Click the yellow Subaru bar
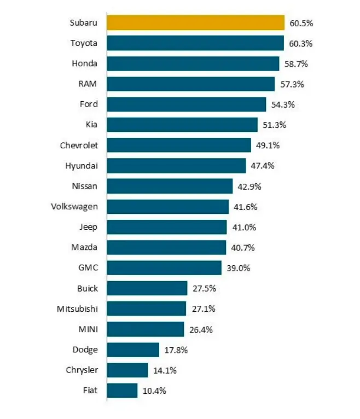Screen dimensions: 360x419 [x=196, y=23]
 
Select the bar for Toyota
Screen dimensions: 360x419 [x=195, y=43]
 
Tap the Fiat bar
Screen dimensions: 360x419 [x=122, y=391]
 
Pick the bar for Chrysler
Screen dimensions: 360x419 [x=127, y=370]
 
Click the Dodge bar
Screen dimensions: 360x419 [x=133, y=350]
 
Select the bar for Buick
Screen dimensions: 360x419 [x=147, y=288]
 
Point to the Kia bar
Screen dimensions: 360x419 [x=182, y=125]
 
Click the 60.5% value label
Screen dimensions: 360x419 [x=301, y=24]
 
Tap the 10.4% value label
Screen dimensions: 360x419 [x=154, y=391]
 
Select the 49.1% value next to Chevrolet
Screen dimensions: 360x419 [x=268, y=146]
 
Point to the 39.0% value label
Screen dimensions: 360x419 [x=239, y=268]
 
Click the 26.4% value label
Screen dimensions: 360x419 [x=201, y=330]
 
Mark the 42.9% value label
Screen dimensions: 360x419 [x=249, y=187]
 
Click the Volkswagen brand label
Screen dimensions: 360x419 [x=74, y=207]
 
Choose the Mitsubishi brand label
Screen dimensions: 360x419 [x=77, y=309]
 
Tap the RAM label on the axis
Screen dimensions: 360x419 [x=88, y=84]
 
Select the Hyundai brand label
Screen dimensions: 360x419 [x=82, y=166]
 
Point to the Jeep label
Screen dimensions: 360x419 [x=88, y=227]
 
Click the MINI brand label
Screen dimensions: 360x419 [x=88, y=329]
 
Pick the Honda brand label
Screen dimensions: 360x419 [x=84, y=63]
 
